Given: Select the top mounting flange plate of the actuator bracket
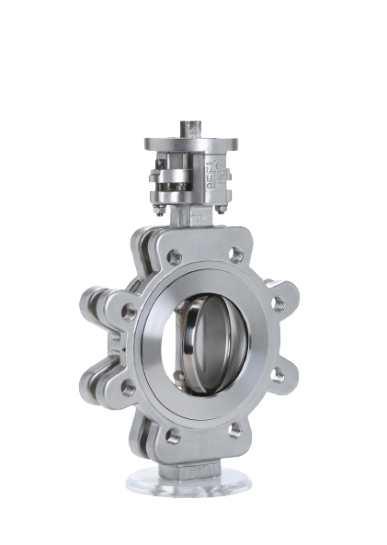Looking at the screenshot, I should (x=188, y=145).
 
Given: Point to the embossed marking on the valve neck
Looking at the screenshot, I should (x=197, y=219).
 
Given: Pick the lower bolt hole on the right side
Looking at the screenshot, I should (x=276, y=376).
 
